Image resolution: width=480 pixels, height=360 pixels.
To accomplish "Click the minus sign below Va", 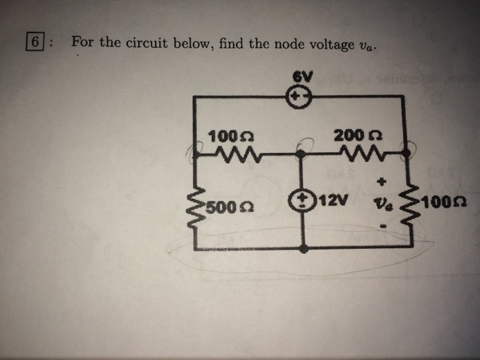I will click(383, 224).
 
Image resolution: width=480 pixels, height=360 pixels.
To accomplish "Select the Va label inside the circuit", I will click(381, 203).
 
